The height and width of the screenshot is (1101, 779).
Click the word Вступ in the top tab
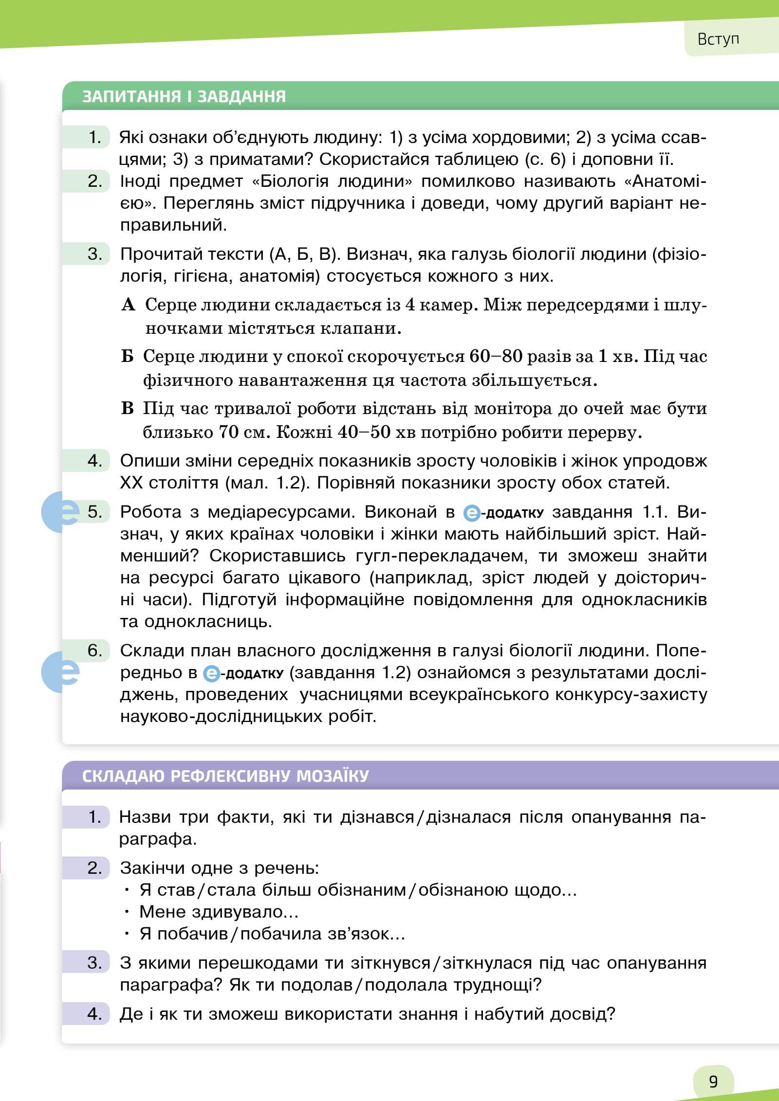718,39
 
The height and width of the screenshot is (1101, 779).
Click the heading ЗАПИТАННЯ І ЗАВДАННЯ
184,96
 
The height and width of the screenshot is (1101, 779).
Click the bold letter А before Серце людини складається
128,305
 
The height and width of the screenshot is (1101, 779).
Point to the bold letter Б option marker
127,357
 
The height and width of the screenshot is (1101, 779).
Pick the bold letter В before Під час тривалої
127,408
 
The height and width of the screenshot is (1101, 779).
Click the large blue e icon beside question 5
60,512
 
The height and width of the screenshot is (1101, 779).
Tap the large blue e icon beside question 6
60,671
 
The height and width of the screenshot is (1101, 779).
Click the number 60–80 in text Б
496,357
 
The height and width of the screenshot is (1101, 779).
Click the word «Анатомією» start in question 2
665,181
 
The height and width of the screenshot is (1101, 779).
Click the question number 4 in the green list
95,460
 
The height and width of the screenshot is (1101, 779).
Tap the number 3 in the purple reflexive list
95,962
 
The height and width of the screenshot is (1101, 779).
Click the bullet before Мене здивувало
127,912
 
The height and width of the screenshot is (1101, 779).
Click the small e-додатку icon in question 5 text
471,513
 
